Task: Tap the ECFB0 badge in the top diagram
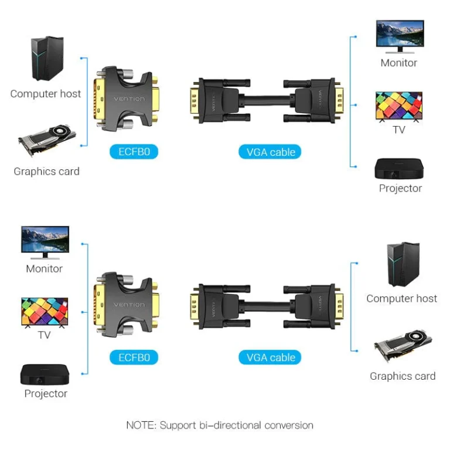[x=134, y=152]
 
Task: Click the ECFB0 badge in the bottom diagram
[x=134, y=357]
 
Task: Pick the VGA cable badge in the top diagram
[x=271, y=152]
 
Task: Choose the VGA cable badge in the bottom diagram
[x=271, y=357]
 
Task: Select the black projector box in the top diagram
[x=399, y=169]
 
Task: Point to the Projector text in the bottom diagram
[x=46, y=394]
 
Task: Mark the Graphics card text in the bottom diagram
[x=403, y=376]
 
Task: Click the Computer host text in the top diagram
[x=46, y=94]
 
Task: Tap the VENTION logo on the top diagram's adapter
[x=128, y=99]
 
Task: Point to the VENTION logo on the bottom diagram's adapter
[x=128, y=305]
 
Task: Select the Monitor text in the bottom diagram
[x=44, y=269]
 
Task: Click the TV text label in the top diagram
[x=399, y=129]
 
